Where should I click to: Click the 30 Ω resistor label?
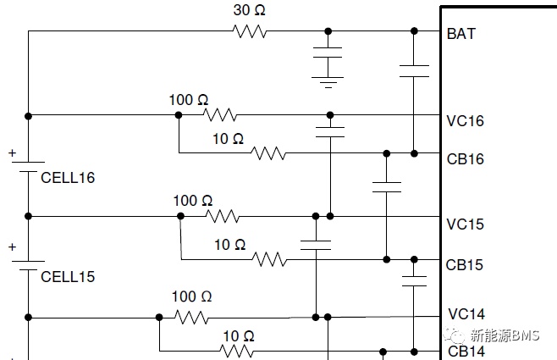coord(249,10)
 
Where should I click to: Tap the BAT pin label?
coord(460,34)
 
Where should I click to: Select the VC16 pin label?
coord(465,121)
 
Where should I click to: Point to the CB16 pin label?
coord(465,159)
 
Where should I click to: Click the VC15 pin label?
coord(465,224)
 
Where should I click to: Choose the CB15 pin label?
coord(464,265)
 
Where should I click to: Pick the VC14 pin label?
coord(466,313)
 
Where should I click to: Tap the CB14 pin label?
coord(466,352)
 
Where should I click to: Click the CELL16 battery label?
coord(68,178)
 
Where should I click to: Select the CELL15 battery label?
coord(68,277)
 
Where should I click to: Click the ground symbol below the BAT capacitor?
coord(328,82)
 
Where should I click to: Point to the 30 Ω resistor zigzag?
coord(250,31)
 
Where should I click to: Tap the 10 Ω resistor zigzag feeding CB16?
coord(268,153)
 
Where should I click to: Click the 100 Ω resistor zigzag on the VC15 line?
coord(223,216)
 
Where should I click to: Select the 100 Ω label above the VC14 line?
coord(192,296)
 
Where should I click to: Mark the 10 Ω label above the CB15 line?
coord(230,245)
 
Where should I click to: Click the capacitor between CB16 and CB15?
coord(387,187)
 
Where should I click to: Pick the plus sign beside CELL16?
coord(13,153)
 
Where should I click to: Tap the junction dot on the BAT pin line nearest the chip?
coord(414,31)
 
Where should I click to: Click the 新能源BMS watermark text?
coord(505,335)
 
